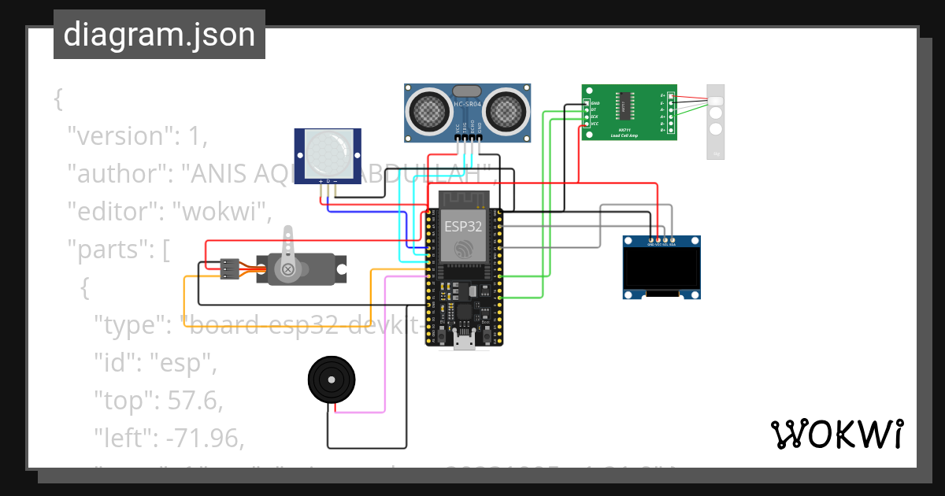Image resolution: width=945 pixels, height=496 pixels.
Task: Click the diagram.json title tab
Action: tap(159, 35)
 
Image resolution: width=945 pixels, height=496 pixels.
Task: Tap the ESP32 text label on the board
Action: tap(463, 226)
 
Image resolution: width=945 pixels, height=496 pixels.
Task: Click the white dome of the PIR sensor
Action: tap(328, 153)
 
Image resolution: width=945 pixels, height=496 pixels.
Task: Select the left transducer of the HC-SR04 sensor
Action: tap(429, 109)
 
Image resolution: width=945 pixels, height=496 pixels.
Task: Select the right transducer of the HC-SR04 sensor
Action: tap(505, 109)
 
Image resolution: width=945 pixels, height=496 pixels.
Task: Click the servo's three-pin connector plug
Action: tap(230, 268)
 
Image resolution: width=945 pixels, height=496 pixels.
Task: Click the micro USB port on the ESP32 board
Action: tap(464, 341)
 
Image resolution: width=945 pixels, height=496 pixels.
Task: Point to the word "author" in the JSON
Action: tap(119, 173)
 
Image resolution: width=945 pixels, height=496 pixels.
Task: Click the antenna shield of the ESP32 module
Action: tap(463, 199)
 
